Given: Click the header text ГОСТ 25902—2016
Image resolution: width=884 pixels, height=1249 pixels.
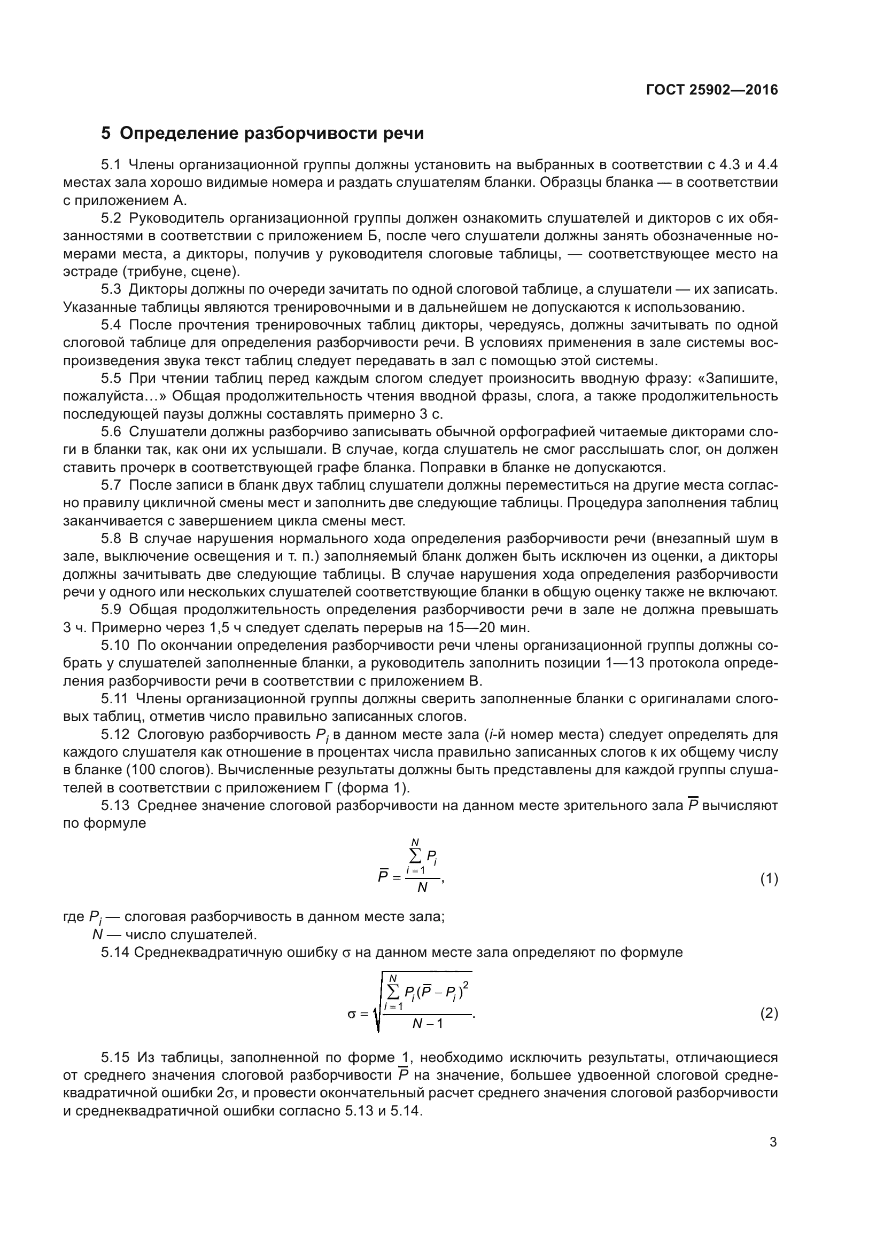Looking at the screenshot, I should pos(711,90).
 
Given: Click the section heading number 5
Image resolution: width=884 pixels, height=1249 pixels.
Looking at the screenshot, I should pos(106,133).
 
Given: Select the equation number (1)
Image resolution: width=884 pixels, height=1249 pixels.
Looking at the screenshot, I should pos(769,878).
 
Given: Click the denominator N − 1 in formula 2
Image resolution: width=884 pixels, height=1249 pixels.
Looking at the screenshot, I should pos(428,1023).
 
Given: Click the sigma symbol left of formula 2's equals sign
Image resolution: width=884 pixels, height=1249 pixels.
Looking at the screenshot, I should pos(352,1014).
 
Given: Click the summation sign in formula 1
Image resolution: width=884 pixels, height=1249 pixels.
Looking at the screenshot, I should pos(415,856).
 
